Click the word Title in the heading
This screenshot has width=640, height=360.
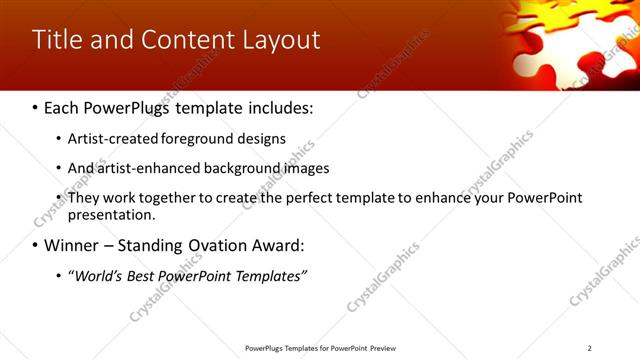54,40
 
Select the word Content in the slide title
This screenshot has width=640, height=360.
187,40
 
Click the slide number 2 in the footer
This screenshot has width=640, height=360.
589,348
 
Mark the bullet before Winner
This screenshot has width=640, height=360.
35,246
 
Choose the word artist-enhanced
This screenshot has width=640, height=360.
143,168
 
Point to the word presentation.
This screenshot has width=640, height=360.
110,214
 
